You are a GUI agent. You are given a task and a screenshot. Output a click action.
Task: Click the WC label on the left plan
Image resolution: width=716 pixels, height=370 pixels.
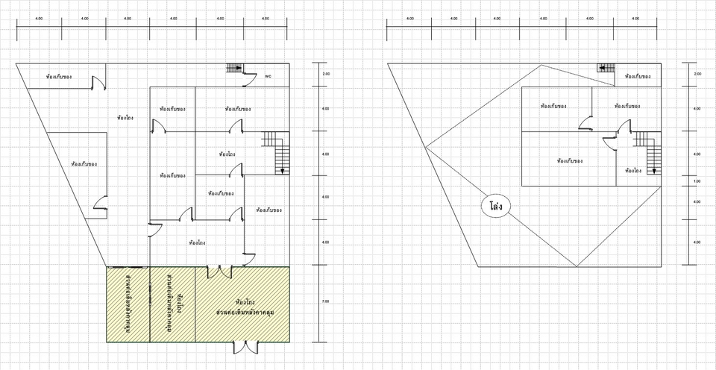(268, 76)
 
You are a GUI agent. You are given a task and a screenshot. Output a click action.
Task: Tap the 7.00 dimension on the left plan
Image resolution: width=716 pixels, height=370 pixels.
(325, 301)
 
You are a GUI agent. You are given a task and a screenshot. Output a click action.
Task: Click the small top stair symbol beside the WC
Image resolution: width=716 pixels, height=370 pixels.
(235, 69)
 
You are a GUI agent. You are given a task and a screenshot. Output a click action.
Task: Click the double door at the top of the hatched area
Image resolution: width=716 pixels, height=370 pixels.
(219, 272)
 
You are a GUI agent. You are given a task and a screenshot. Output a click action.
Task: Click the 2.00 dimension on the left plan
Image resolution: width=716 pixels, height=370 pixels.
(325, 75)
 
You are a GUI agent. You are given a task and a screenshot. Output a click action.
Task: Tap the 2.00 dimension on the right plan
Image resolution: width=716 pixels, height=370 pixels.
(697, 75)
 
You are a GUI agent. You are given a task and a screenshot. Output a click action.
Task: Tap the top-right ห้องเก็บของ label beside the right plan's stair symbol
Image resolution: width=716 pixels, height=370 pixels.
(638, 77)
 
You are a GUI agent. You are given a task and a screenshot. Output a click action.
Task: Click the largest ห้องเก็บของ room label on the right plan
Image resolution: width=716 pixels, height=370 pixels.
(570, 160)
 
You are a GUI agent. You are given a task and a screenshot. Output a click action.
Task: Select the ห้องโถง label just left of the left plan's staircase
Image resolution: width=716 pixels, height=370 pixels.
(228, 154)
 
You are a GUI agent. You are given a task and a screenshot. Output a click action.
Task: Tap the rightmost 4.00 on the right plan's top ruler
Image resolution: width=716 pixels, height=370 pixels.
(635, 18)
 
